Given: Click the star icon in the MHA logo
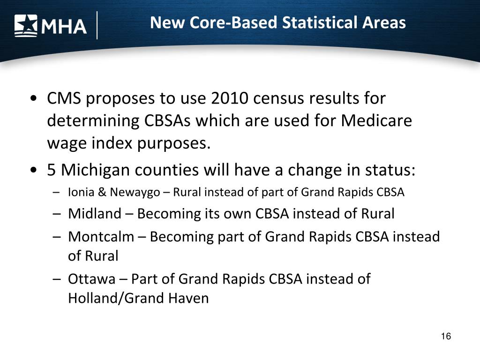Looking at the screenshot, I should pyautogui.click(x=26, y=25).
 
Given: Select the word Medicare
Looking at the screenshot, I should pyautogui.click(x=376, y=121).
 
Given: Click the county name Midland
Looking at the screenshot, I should pyautogui.click(x=94, y=214).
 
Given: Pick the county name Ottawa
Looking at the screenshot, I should pyautogui.click(x=91, y=279).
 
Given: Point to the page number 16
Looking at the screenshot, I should pyautogui.click(x=446, y=337).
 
